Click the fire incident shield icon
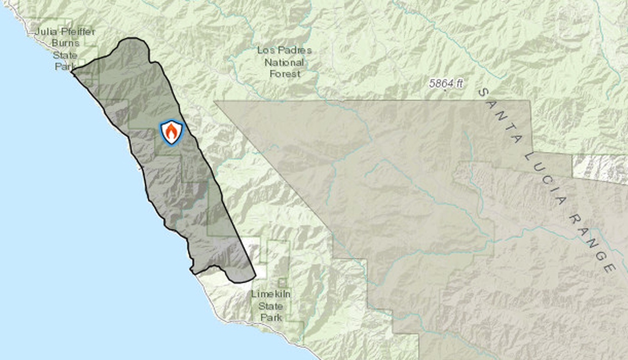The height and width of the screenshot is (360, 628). (x=171, y=132)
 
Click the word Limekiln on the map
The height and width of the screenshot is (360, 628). (x=270, y=294)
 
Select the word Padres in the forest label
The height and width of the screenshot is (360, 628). (x=293, y=50)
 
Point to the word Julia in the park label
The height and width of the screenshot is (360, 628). (x=45, y=31)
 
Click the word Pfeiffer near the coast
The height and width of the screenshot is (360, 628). (x=77, y=31)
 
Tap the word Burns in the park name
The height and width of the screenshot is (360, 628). (x=66, y=43)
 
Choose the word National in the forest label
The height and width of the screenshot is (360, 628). (x=284, y=62)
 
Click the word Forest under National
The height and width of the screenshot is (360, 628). (x=284, y=73)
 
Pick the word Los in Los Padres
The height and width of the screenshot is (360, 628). (x=266, y=50)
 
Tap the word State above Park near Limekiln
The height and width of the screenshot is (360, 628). (x=270, y=306)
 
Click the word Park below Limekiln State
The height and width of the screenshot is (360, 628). (x=270, y=318)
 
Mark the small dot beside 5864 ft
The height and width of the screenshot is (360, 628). (x=445, y=90)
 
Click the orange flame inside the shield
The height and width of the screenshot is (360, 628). (x=171, y=133)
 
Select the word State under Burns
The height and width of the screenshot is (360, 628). (x=65, y=55)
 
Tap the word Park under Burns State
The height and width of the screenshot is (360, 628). (x=63, y=66)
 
